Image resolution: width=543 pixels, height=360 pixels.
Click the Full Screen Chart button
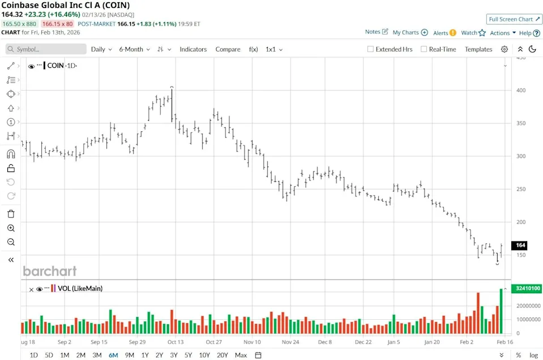[514, 19]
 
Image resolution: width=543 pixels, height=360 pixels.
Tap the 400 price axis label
[520, 91]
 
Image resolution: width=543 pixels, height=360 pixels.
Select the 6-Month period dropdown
[134, 49]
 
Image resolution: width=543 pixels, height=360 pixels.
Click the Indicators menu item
[193, 49]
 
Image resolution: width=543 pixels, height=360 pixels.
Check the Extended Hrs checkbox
[371, 49]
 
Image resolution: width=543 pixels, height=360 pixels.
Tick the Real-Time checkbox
[424, 49]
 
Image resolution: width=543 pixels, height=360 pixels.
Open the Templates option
[478, 49]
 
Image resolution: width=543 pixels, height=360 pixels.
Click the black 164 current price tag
[520, 245]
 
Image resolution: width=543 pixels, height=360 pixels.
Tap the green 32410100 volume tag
[527, 289]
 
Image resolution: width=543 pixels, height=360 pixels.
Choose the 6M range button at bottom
[113, 355]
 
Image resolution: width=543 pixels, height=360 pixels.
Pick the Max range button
[241, 355]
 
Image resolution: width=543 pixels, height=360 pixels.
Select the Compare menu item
[228, 49]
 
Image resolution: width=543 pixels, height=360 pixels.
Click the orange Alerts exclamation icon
[453, 33]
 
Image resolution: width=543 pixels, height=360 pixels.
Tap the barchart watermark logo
[50, 271]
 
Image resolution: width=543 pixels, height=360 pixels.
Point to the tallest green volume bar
[501, 311]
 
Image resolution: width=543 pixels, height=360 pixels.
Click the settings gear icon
[504, 49]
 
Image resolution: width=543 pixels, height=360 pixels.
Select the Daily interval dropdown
[101, 49]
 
